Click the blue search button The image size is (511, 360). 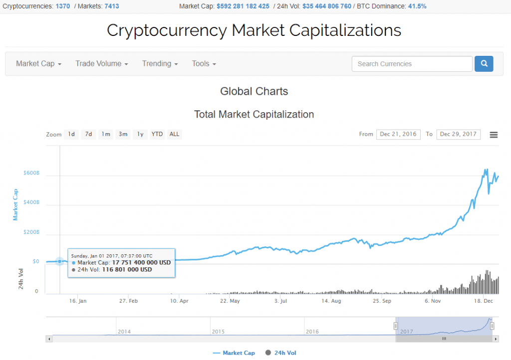coord(484,64)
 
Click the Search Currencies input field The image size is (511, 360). coord(412,64)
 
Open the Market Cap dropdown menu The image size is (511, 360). coord(38,64)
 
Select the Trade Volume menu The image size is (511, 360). coord(102,64)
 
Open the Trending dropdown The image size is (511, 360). coord(160,64)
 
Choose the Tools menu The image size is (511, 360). coord(204,64)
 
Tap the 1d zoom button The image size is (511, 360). coord(71,134)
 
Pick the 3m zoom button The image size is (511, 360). coord(123,134)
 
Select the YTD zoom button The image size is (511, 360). coord(157,134)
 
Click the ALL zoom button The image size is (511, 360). coord(174,134)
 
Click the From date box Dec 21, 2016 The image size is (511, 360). coord(398,134)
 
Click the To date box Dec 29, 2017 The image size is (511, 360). coord(458,134)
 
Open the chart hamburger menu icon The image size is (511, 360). coord(494,135)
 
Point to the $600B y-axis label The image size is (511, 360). coord(31,173)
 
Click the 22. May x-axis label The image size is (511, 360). coord(230,301)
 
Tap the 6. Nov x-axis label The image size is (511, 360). coord(433,301)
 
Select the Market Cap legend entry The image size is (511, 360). coord(234,353)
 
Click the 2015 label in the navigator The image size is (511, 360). coord(219,331)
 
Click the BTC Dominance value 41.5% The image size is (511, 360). coord(417,6)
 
